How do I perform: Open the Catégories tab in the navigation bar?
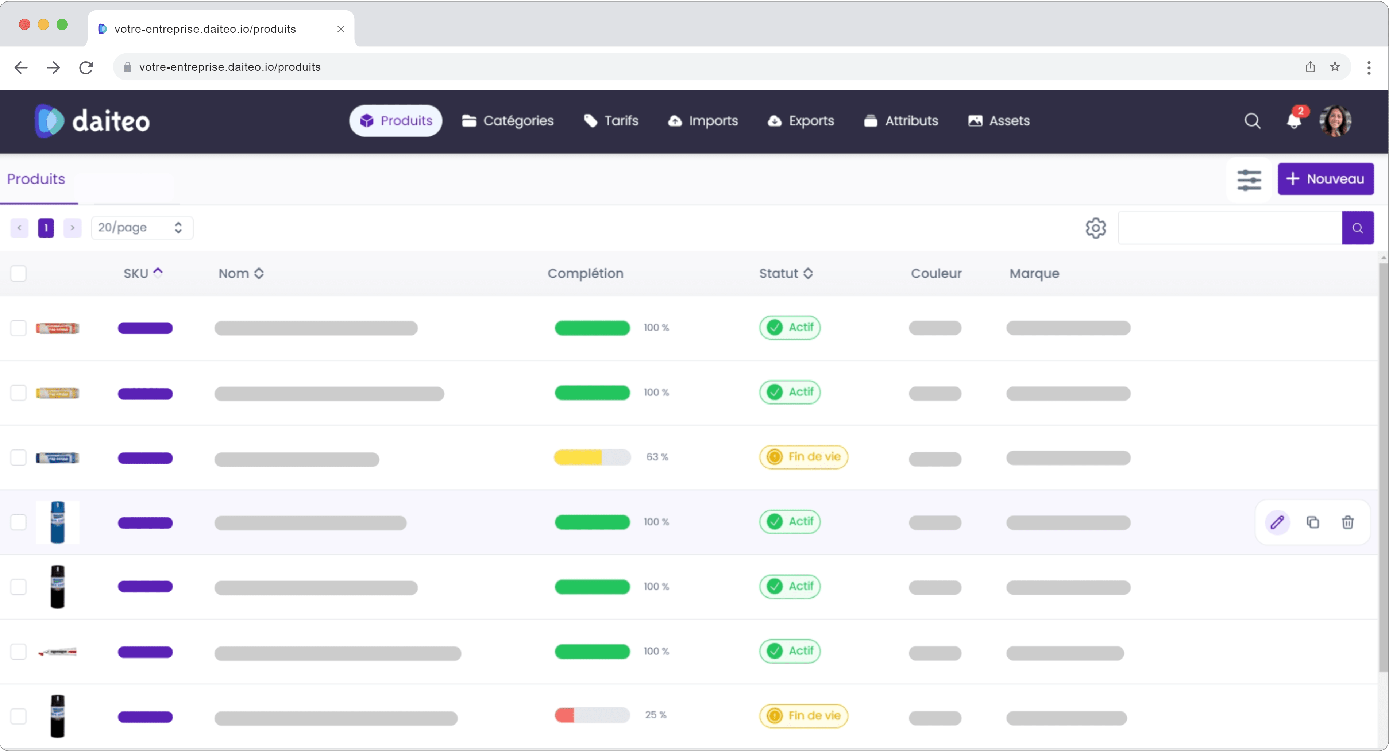[508, 121]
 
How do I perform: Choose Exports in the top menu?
[801, 121]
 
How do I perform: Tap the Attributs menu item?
[901, 121]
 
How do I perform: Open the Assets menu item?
[999, 121]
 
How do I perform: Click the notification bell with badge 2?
[1293, 121]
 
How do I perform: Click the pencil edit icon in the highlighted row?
[1277, 522]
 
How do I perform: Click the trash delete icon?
[1347, 522]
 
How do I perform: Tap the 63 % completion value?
[657, 457]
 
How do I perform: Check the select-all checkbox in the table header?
[18, 273]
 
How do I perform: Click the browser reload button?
[86, 67]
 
